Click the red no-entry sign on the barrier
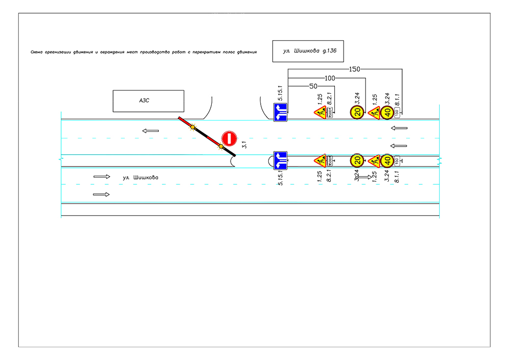229,139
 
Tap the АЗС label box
148,101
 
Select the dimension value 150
355,69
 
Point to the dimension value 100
330,78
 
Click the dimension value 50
314,86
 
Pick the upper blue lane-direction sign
280,112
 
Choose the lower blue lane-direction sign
280,160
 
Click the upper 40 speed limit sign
387,112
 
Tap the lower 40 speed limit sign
387,161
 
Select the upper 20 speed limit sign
357,112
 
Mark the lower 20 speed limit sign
357,161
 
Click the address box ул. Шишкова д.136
308,51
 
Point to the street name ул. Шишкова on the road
140,178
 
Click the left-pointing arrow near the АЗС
151,131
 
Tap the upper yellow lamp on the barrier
192,126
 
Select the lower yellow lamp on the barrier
221,147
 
